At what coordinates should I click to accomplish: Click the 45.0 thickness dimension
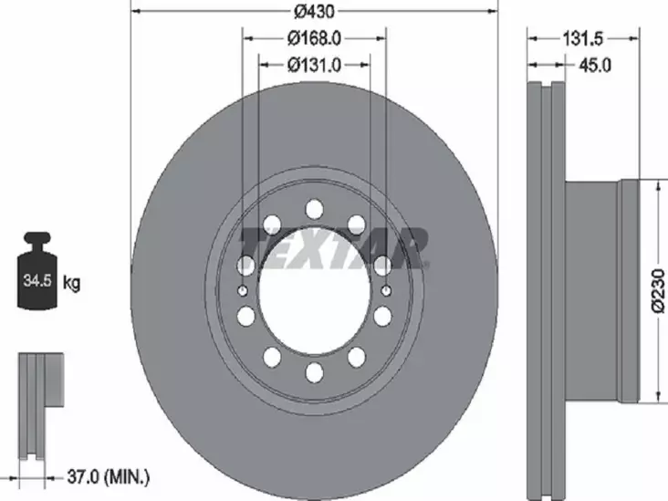pyautogui.click(x=595, y=64)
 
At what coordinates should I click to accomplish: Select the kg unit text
pyautogui.click(x=71, y=283)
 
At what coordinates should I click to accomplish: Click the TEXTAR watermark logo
pyautogui.click(x=333, y=248)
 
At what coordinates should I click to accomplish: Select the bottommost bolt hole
pyautogui.click(x=314, y=372)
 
